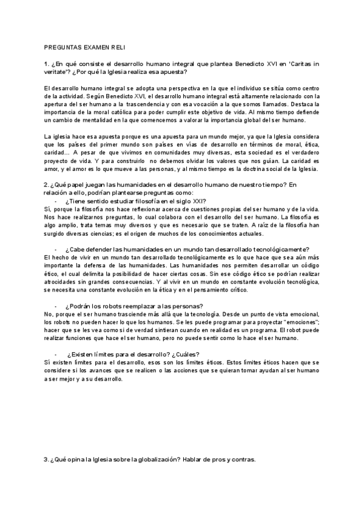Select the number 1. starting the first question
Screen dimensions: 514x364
coord(47,64)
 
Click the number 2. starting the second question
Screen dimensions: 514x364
coord(47,184)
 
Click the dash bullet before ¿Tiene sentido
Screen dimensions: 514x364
coord(56,201)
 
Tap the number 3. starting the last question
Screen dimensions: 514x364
coord(47,459)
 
